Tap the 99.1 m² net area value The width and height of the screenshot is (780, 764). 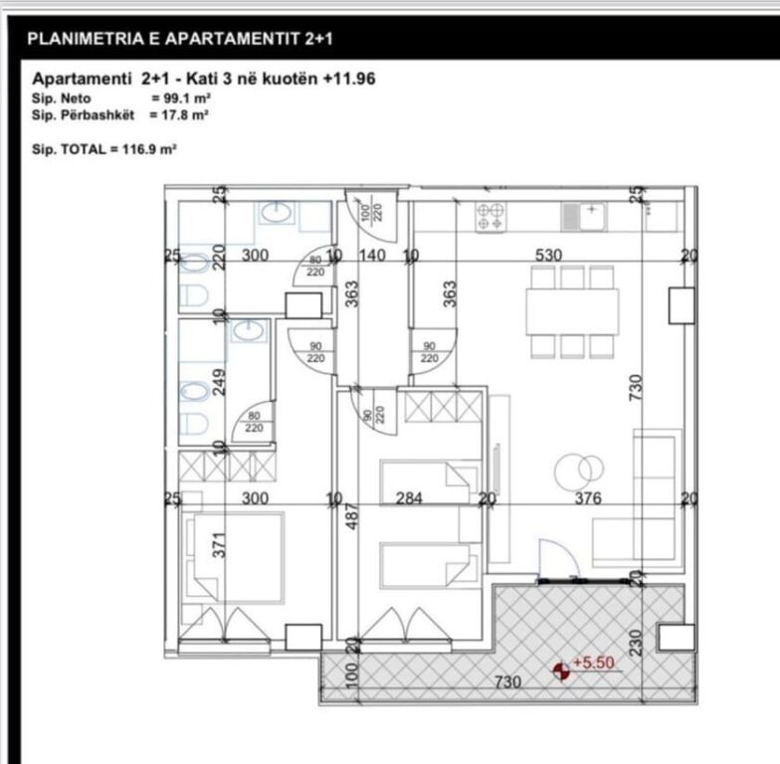tap(180, 99)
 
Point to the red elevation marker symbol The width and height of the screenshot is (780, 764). tap(562, 671)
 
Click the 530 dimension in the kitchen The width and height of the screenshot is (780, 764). tap(548, 256)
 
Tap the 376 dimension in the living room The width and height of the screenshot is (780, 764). tap(588, 498)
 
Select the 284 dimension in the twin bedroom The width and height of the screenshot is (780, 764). tap(409, 498)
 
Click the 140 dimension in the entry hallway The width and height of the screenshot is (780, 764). tap(371, 256)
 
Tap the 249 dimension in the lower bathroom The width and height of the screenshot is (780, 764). tap(221, 380)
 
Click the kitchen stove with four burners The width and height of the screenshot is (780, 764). tap(490, 217)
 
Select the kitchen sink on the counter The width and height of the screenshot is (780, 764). tap(584, 215)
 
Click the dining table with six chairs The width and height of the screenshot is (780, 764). tap(572, 311)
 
